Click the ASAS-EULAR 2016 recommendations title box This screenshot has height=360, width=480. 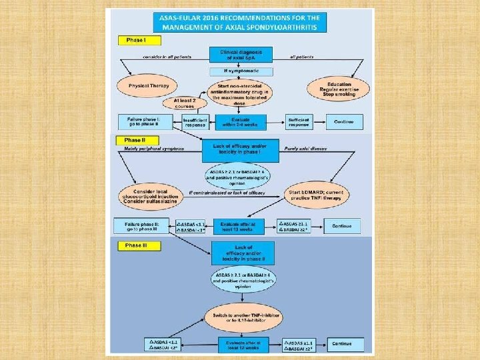(x=239, y=21)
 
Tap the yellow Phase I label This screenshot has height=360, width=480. (x=139, y=40)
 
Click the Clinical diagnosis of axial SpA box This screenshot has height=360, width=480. (x=239, y=55)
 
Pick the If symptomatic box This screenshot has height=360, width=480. (x=239, y=71)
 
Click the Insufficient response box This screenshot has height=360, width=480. (x=195, y=122)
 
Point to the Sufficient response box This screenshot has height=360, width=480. (x=297, y=122)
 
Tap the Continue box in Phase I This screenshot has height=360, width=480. (x=343, y=122)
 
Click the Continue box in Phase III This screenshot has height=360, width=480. (x=343, y=344)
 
